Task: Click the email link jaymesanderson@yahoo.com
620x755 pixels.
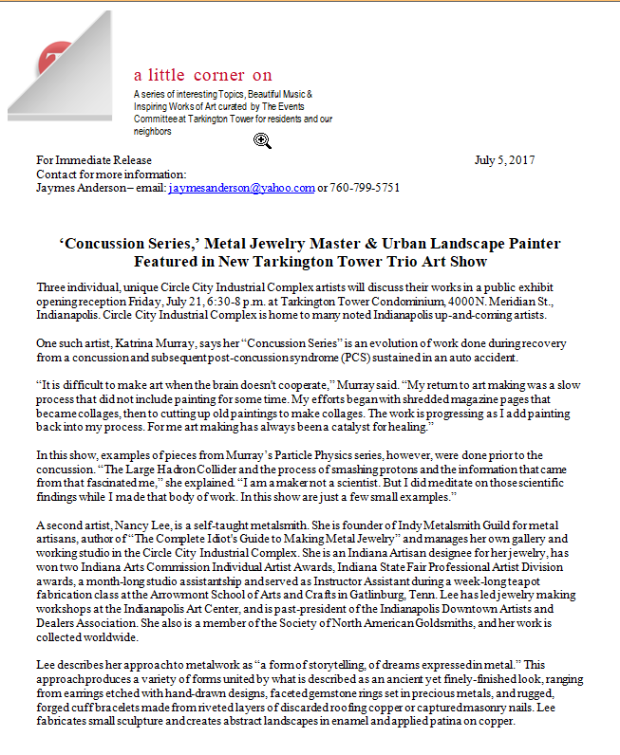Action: (x=241, y=188)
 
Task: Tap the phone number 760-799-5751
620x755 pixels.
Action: (x=365, y=188)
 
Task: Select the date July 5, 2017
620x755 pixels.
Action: (x=504, y=159)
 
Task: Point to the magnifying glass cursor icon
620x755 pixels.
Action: (x=263, y=141)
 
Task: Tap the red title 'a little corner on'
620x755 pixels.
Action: (x=203, y=75)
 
